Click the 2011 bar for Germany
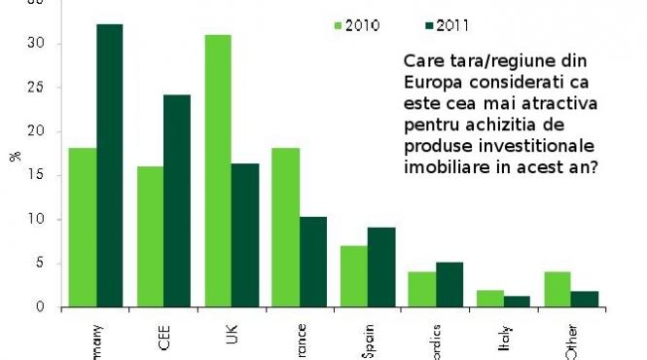click(109, 165)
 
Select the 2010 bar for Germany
click(82, 228)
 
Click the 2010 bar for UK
click(218, 170)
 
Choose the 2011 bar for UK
click(245, 234)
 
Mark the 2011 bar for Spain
click(380, 267)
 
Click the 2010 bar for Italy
click(489, 298)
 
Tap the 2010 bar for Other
click(557, 289)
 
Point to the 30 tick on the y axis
click(40, 44)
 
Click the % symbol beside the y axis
click(14, 156)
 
